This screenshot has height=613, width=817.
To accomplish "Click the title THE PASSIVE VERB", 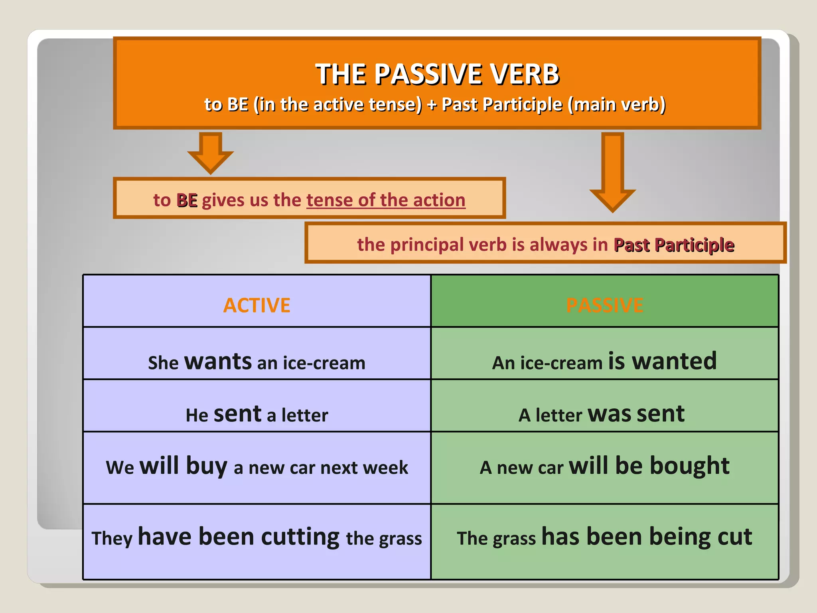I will coord(437,75).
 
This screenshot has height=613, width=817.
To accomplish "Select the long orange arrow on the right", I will coord(612,172).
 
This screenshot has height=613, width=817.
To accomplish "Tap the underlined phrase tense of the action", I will coord(385,200).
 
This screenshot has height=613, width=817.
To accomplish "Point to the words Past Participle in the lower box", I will coord(674,245).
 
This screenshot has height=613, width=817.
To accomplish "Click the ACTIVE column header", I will coord(257,306).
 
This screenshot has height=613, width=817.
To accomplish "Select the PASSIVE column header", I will coord(604,306).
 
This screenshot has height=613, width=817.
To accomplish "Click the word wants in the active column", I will coord(218,362).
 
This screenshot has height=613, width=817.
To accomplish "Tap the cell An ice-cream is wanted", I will coord(604,362).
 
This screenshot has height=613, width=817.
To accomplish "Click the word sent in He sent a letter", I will coord(238,414).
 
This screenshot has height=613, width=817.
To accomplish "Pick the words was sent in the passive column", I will coord(636,414).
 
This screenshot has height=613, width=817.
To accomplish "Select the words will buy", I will coord(184,466).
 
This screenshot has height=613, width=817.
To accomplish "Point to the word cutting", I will coord(300,537).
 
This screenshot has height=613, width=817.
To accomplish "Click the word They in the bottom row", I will coord(112,538).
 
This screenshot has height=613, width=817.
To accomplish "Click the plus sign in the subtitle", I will coord(432,105).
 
